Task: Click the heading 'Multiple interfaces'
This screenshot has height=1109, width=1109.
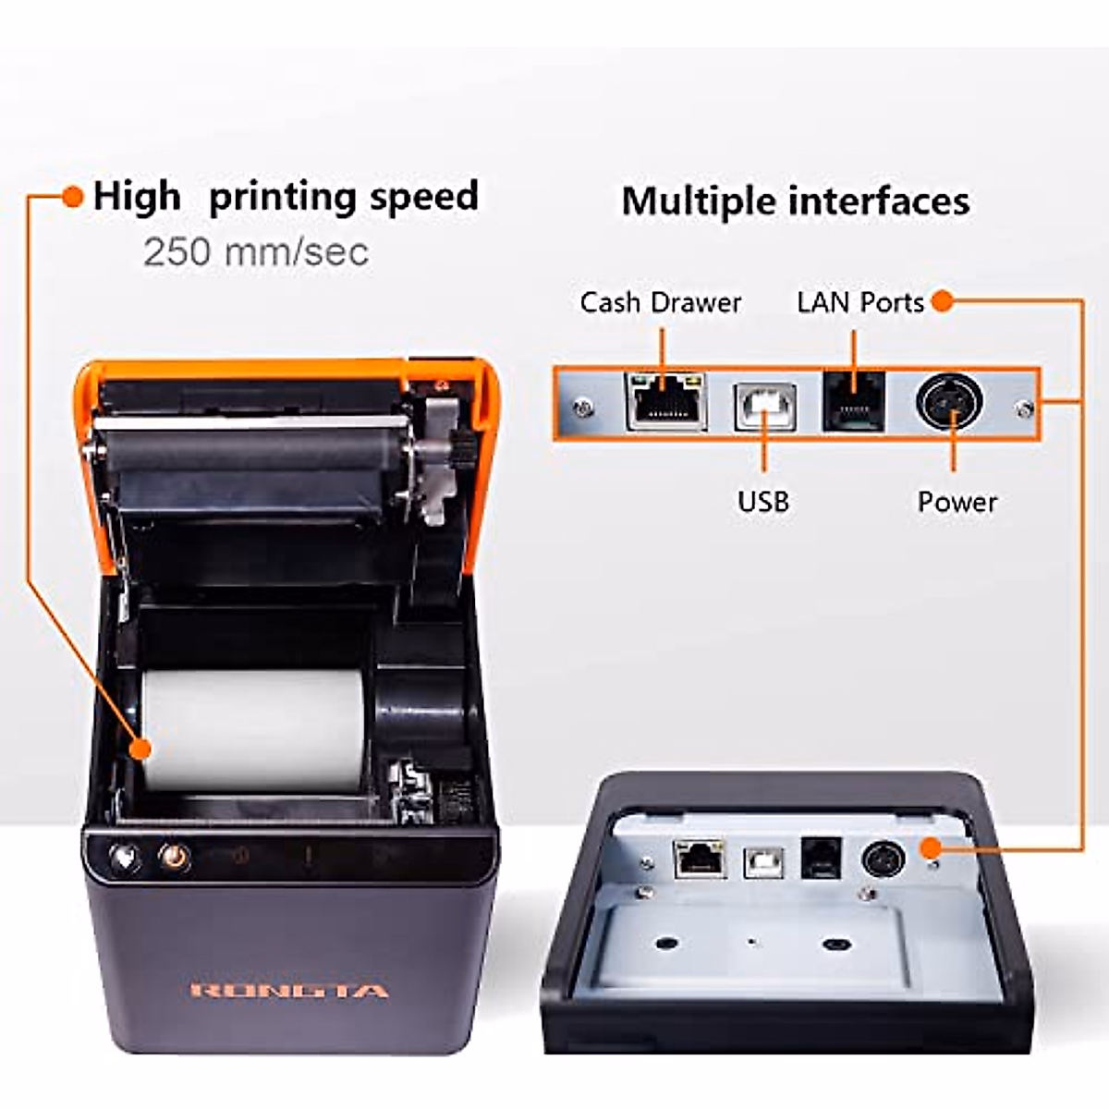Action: click(x=796, y=201)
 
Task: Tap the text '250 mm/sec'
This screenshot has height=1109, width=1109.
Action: click(x=256, y=252)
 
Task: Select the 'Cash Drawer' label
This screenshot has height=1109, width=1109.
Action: click(x=660, y=303)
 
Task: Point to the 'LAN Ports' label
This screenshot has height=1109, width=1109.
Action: click(x=859, y=303)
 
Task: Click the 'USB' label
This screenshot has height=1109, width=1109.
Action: click(x=763, y=502)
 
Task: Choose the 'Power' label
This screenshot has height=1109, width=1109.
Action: click(x=957, y=502)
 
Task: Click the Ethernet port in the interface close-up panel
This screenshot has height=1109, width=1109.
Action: click(x=665, y=401)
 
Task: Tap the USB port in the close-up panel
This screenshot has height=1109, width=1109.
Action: click(x=765, y=406)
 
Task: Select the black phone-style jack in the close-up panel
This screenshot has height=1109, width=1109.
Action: click(x=854, y=401)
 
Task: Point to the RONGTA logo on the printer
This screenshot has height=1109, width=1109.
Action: click(x=289, y=992)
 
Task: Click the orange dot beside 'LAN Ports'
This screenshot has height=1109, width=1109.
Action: click(x=942, y=301)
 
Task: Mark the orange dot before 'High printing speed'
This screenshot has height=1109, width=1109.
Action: click(x=72, y=197)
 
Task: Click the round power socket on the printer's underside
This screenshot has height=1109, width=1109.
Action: click(x=884, y=859)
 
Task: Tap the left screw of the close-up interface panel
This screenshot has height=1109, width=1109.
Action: click(x=581, y=406)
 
